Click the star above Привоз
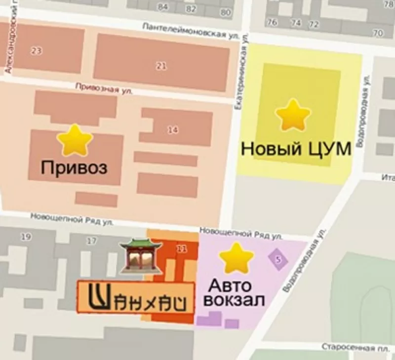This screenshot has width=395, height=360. point(75,141)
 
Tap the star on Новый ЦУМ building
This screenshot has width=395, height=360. point(293,115)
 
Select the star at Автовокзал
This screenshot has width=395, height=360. point(236,258)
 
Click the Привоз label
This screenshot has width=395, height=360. point(74,168)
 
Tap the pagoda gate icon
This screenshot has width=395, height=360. point(141,256)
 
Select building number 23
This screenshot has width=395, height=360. point(36,51)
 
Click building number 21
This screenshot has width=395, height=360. point(161,67)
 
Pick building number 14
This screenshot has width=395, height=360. point(172,130)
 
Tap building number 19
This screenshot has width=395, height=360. point(26,237)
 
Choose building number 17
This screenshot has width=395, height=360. point(91,241)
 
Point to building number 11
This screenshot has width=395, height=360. point(182,249)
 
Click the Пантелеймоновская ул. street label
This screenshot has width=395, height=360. point(191,31)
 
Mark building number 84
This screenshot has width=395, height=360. point(162,7)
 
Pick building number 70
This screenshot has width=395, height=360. point(378,34)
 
